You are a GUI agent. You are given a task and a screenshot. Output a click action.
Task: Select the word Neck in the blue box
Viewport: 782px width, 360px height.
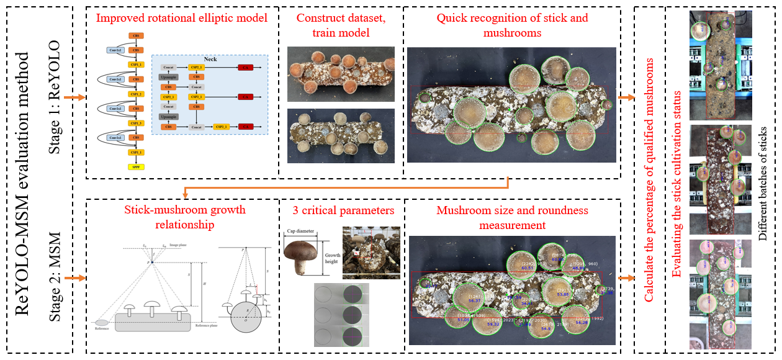pos(210,60)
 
